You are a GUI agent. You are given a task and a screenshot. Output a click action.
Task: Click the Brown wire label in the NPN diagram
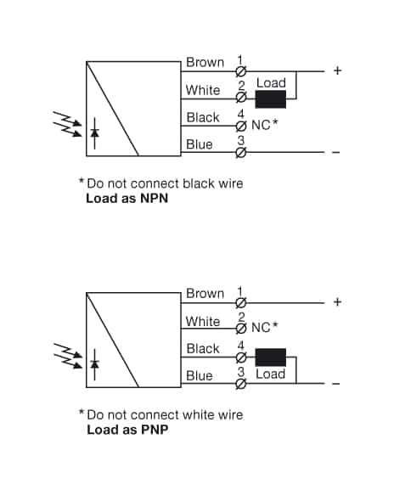click(205, 62)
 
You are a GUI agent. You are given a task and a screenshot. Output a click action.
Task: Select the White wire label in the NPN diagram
click(203, 90)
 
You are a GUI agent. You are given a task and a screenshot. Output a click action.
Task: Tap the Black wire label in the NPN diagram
click(203, 117)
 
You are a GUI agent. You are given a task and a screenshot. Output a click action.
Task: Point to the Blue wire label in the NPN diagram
click(200, 144)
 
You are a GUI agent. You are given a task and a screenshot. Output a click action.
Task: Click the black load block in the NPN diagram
click(271, 99)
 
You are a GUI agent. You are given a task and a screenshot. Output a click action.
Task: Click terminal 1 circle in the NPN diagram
click(240, 71)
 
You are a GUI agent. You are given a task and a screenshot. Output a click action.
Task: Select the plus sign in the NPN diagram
click(337, 71)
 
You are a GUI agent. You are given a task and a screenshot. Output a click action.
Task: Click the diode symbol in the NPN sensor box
click(95, 132)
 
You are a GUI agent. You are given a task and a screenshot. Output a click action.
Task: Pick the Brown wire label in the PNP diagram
click(205, 293)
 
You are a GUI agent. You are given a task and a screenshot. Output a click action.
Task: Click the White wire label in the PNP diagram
click(203, 321)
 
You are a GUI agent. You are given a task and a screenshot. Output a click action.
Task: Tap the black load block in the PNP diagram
click(271, 357)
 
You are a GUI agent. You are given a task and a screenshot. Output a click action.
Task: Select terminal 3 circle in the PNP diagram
click(240, 384)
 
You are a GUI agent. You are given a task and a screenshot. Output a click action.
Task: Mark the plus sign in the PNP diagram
click(337, 302)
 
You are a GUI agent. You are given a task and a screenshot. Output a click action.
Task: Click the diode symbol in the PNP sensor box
click(95, 363)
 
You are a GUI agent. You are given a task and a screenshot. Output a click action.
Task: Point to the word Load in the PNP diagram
click(271, 375)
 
